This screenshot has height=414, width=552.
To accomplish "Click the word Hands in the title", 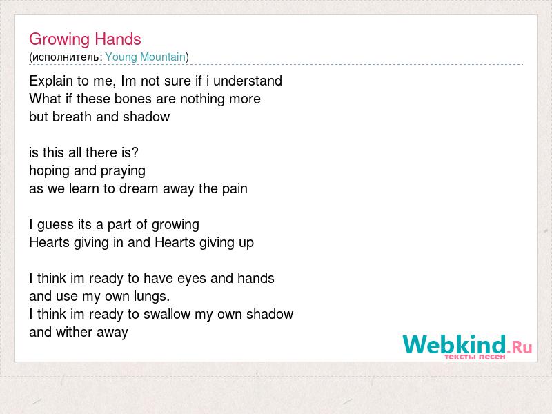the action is pyautogui.click(x=118, y=39).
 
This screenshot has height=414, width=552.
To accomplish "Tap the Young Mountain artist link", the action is pyautogui.click(x=146, y=57).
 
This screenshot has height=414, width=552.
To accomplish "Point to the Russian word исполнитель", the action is pyautogui.click(x=66, y=57).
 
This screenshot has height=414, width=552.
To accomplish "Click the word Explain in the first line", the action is pyautogui.click(x=51, y=81).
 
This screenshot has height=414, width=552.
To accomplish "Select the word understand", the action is pyautogui.click(x=248, y=81).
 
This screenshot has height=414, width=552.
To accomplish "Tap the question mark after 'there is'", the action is pyautogui.click(x=135, y=152).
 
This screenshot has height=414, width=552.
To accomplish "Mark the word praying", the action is pyautogui.click(x=123, y=171).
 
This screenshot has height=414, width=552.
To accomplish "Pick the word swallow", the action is pyautogui.click(x=167, y=314).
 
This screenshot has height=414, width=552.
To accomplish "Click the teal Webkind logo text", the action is pyautogui.click(x=454, y=344).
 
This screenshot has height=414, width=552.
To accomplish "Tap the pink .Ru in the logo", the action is pyautogui.click(x=520, y=348).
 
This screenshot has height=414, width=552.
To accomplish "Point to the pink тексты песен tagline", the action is pyautogui.click(x=475, y=357).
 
